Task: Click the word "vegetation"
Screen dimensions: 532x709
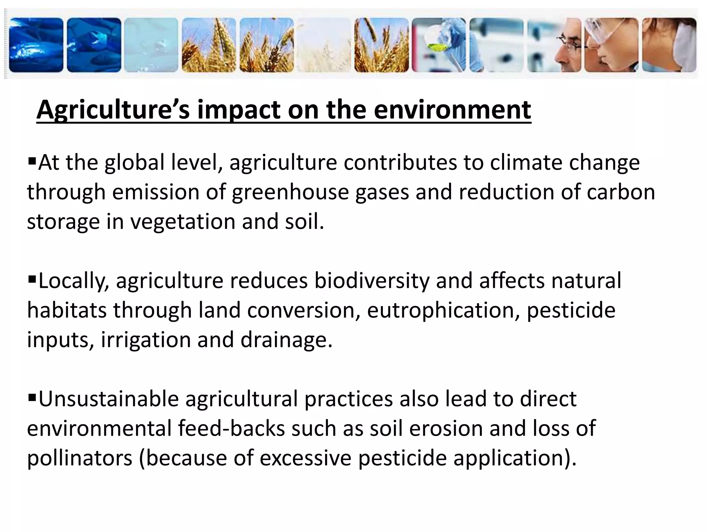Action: (x=182, y=222)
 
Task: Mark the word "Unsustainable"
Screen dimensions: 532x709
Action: (x=108, y=399)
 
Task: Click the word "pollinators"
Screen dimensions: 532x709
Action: (x=80, y=458)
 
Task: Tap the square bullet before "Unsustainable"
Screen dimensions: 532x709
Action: (x=32, y=397)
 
